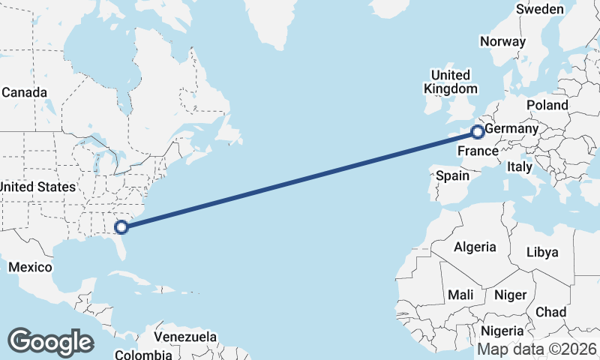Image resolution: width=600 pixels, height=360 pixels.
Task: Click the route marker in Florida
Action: (x=120, y=226)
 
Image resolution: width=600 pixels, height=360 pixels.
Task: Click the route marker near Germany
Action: (x=477, y=133)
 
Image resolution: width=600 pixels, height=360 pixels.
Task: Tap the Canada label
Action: (x=25, y=93)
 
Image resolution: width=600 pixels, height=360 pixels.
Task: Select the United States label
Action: (x=37, y=187)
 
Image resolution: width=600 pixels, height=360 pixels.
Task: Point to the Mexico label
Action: (x=30, y=267)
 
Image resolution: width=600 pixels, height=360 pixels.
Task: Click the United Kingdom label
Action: (x=450, y=82)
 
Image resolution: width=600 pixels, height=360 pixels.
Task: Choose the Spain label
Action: (x=452, y=176)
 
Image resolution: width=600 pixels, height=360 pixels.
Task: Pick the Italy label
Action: (x=520, y=166)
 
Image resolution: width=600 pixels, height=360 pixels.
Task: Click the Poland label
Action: (x=547, y=105)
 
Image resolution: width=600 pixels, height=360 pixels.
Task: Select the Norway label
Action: (x=502, y=42)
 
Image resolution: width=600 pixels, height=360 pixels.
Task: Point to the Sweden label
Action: (x=540, y=9)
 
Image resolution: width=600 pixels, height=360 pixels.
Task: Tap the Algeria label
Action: (x=475, y=247)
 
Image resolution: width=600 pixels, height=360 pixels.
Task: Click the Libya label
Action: (x=542, y=252)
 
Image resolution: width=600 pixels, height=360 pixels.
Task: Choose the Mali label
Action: (x=460, y=295)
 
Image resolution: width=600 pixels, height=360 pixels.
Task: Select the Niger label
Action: (x=510, y=295)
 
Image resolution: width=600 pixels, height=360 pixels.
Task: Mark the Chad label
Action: (x=551, y=312)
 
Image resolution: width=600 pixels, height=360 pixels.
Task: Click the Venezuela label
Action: (x=185, y=337)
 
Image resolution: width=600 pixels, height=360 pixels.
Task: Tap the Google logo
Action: (x=50, y=341)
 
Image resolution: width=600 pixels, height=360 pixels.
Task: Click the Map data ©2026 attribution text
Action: (x=537, y=349)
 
